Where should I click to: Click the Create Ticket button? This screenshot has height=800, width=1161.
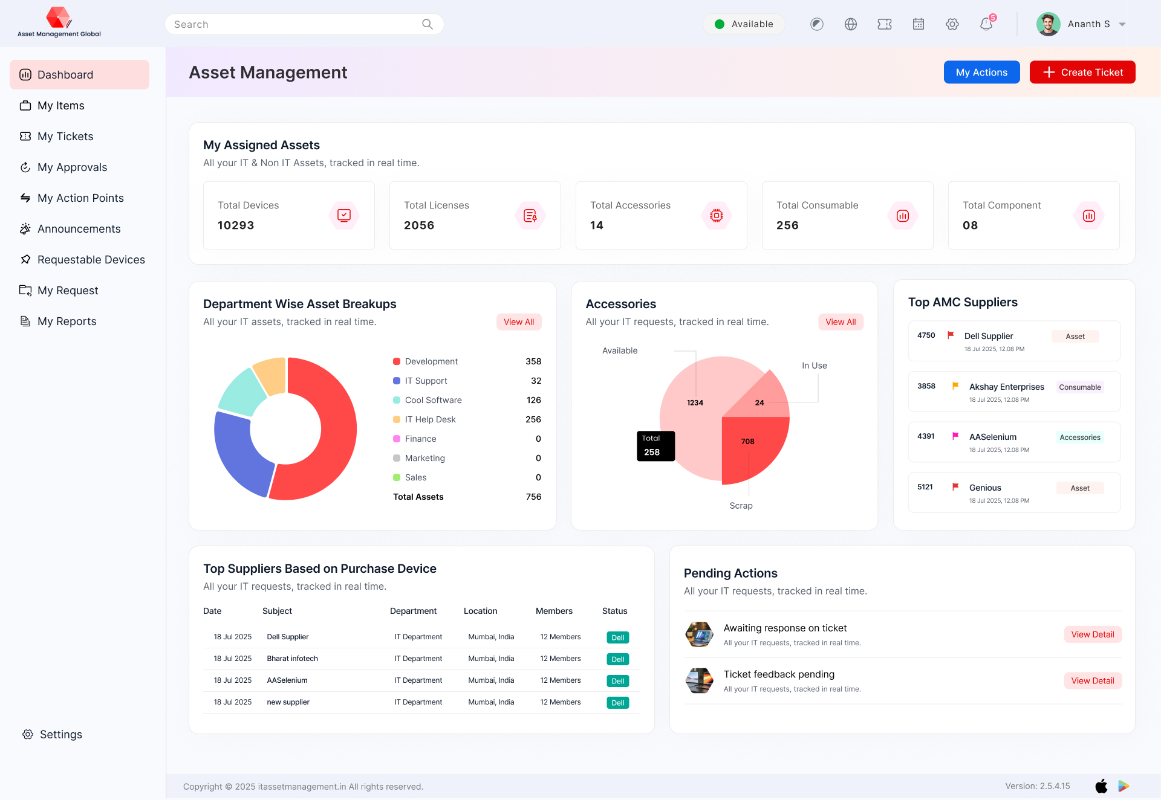[1082, 73]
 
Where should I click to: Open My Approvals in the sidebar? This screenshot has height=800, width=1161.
[72, 167]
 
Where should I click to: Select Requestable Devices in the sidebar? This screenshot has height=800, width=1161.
[91, 260]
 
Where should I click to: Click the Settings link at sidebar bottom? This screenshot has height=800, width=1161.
[60, 735]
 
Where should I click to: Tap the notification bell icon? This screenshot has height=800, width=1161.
[986, 24]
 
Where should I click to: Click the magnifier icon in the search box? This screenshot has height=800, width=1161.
[428, 24]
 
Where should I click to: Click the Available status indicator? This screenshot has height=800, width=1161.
[744, 24]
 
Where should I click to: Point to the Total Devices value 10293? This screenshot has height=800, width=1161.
[236, 225]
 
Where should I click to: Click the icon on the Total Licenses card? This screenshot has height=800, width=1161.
[530, 216]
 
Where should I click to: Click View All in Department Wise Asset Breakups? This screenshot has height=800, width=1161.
[519, 322]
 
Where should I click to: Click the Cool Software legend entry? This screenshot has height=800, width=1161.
[433, 400]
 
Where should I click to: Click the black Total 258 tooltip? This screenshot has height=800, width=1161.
[655, 446]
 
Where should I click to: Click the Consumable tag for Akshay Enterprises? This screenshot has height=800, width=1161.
[1079, 387]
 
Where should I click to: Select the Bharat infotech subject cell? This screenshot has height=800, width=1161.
[292, 659]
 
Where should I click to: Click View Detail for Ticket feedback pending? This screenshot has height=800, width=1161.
[1092, 681]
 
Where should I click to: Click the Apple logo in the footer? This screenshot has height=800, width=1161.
[1101, 786]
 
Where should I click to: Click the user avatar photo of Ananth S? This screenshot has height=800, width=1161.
[1048, 24]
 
